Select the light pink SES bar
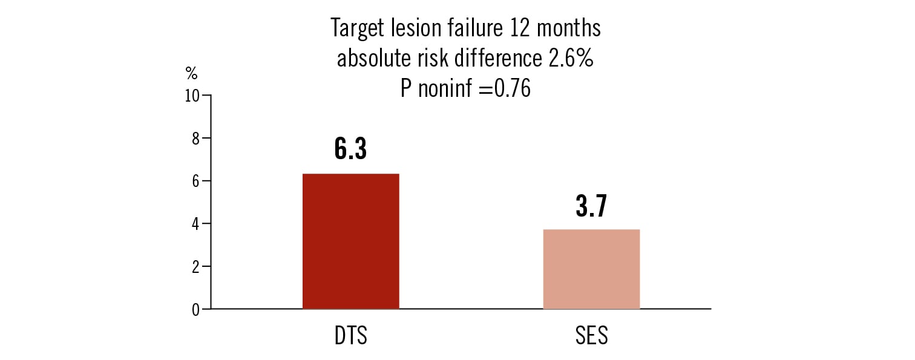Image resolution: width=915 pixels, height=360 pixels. click(x=591, y=269)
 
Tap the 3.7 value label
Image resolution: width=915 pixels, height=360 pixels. click(x=591, y=206)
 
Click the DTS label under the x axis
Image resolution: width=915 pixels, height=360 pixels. click(x=350, y=336)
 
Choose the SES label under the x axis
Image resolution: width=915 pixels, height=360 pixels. click(x=591, y=336)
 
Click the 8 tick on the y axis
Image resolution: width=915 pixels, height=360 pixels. click(x=195, y=139)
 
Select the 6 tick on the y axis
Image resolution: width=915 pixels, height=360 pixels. click(x=195, y=182)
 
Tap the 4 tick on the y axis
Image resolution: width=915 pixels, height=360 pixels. click(x=195, y=224)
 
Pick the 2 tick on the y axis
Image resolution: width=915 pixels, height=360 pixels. click(x=195, y=267)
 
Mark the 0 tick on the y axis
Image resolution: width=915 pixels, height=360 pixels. click(x=195, y=310)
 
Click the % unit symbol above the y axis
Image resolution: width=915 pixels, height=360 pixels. click(x=191, y=74)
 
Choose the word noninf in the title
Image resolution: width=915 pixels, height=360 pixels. click(x=445, y=89)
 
